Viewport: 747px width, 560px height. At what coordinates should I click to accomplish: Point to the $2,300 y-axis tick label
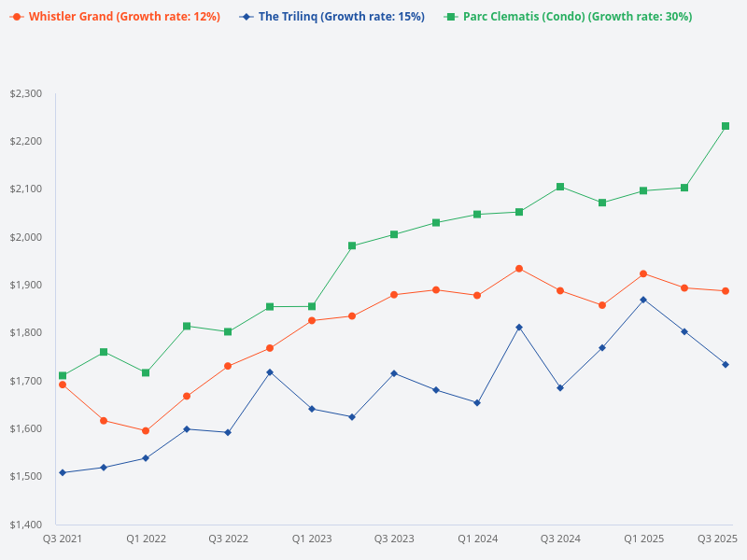[x=25, y=93]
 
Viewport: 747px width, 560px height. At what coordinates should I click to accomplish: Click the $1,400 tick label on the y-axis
[x=25, y=525]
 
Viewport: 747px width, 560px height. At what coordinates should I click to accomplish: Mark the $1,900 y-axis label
[x=25, y=285]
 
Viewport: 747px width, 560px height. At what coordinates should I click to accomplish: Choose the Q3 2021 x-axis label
[x=63, y=539]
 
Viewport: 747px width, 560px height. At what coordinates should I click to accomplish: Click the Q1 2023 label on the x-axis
[x=312, y=539]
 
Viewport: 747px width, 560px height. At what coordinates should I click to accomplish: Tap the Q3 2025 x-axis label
[x=718, y=539]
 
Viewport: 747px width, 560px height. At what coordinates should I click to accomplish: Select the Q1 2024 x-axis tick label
[x=477, y=539]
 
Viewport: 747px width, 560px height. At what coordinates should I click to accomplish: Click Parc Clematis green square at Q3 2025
[x=726, y=126]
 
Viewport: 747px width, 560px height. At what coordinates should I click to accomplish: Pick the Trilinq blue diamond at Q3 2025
[x=726, y=364]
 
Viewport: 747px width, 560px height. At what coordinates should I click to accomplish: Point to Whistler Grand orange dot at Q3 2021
[x=63, y=385]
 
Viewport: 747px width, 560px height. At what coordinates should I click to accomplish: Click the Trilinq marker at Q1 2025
[x=643, y=300]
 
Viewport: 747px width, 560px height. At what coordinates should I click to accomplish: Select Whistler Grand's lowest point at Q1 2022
[x=146, y=430]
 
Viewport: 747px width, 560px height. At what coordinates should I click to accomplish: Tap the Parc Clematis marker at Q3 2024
[x=560, y=187]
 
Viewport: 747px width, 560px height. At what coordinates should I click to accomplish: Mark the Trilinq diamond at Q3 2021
[x=63, y=472]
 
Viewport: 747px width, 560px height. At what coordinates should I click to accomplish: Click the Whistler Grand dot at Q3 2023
[x=394, y=295]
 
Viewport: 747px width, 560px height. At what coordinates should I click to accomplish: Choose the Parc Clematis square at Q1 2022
[x=146, y=372]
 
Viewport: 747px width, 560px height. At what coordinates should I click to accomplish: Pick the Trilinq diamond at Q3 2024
[x=560, y=387]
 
